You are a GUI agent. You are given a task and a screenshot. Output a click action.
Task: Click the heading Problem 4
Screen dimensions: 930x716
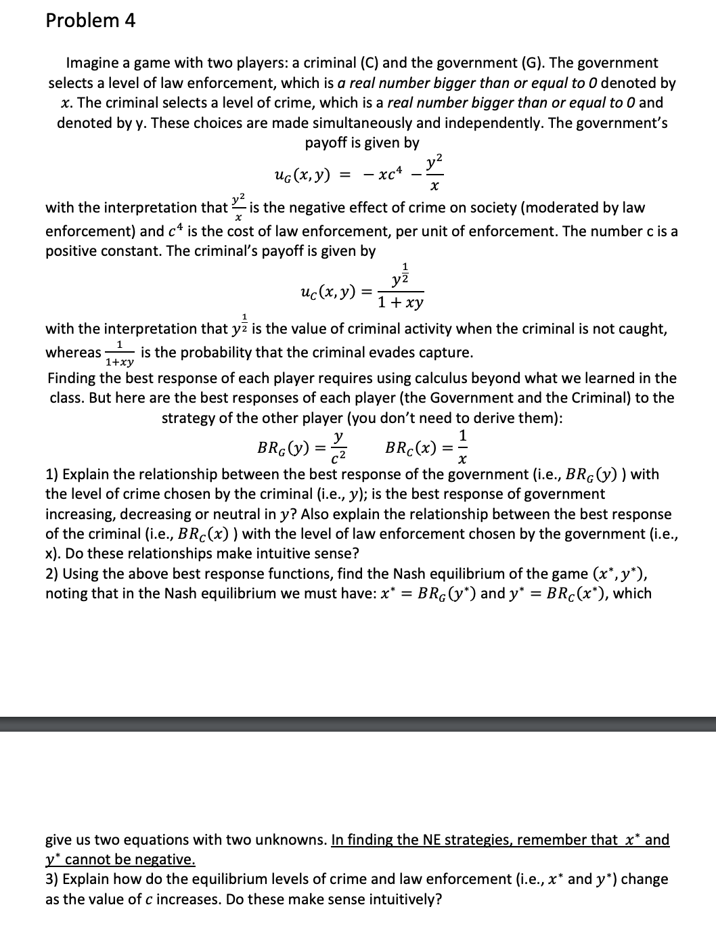[x=90, y=21]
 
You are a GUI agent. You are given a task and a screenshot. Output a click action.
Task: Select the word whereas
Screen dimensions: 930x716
[x=73, y=353]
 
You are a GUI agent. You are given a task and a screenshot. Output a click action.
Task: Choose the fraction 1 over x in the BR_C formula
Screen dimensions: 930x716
[x=462, y=447]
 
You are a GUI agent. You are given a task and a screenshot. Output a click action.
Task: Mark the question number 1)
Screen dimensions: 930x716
[x=52, y=474]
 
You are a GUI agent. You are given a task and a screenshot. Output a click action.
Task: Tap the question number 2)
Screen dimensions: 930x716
[x=52, y=573]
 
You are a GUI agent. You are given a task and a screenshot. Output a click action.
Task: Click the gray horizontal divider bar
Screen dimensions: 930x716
[x=358, y=724]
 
